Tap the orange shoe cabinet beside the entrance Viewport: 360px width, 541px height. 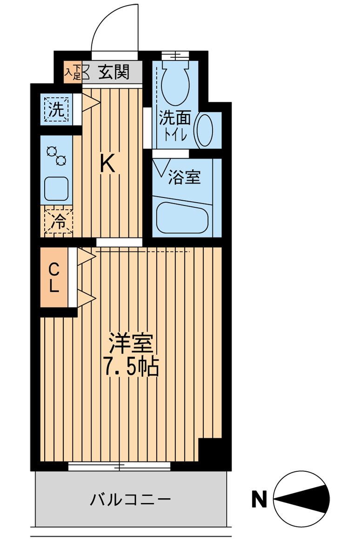pyautogui.click(x=73, y=72)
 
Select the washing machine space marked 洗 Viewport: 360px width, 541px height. pyautogui.click(x=56, y=109)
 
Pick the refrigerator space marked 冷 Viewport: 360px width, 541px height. pyautogui.click(x=58, y=221)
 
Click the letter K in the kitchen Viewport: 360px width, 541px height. pyautogui.click(x=108, y=164)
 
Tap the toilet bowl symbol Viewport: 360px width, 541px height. pyautogui.click(x=175, y=85)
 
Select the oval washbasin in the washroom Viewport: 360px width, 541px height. pyautogui.click(x=204, y=130)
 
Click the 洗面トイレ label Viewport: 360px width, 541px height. pyautogui.click(x=175, y=125)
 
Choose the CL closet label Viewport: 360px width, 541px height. pyautogui.click(x=54, y=277)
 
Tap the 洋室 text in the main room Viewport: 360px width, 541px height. pyautogui.click(x=131, y=344)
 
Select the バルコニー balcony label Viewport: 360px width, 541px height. pyautogui.click(x=131, y=500)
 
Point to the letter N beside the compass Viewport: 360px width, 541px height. pyautogui.click(x=259, y=500)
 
